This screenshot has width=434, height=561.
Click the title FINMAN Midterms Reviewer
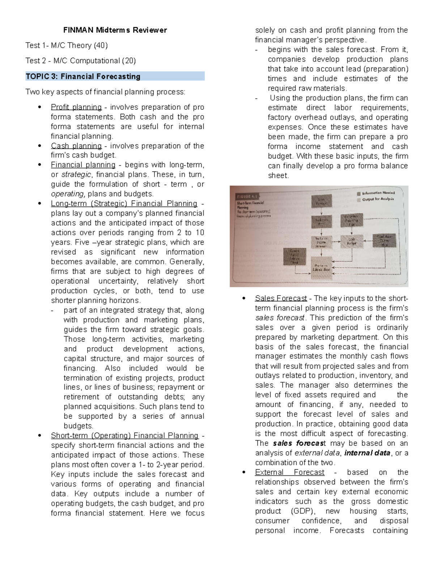115,30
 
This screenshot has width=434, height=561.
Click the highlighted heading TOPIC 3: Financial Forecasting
83,77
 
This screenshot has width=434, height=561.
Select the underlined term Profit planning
76,107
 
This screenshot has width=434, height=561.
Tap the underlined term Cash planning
76,146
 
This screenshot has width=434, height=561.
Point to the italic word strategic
76,175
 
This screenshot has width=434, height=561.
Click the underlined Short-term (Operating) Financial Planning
124,436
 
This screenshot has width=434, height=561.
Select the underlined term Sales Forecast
281,298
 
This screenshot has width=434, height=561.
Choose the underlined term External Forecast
289,472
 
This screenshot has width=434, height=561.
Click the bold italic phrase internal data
367,453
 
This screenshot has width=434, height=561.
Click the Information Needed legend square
358,193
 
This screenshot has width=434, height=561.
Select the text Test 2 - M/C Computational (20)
81,61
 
